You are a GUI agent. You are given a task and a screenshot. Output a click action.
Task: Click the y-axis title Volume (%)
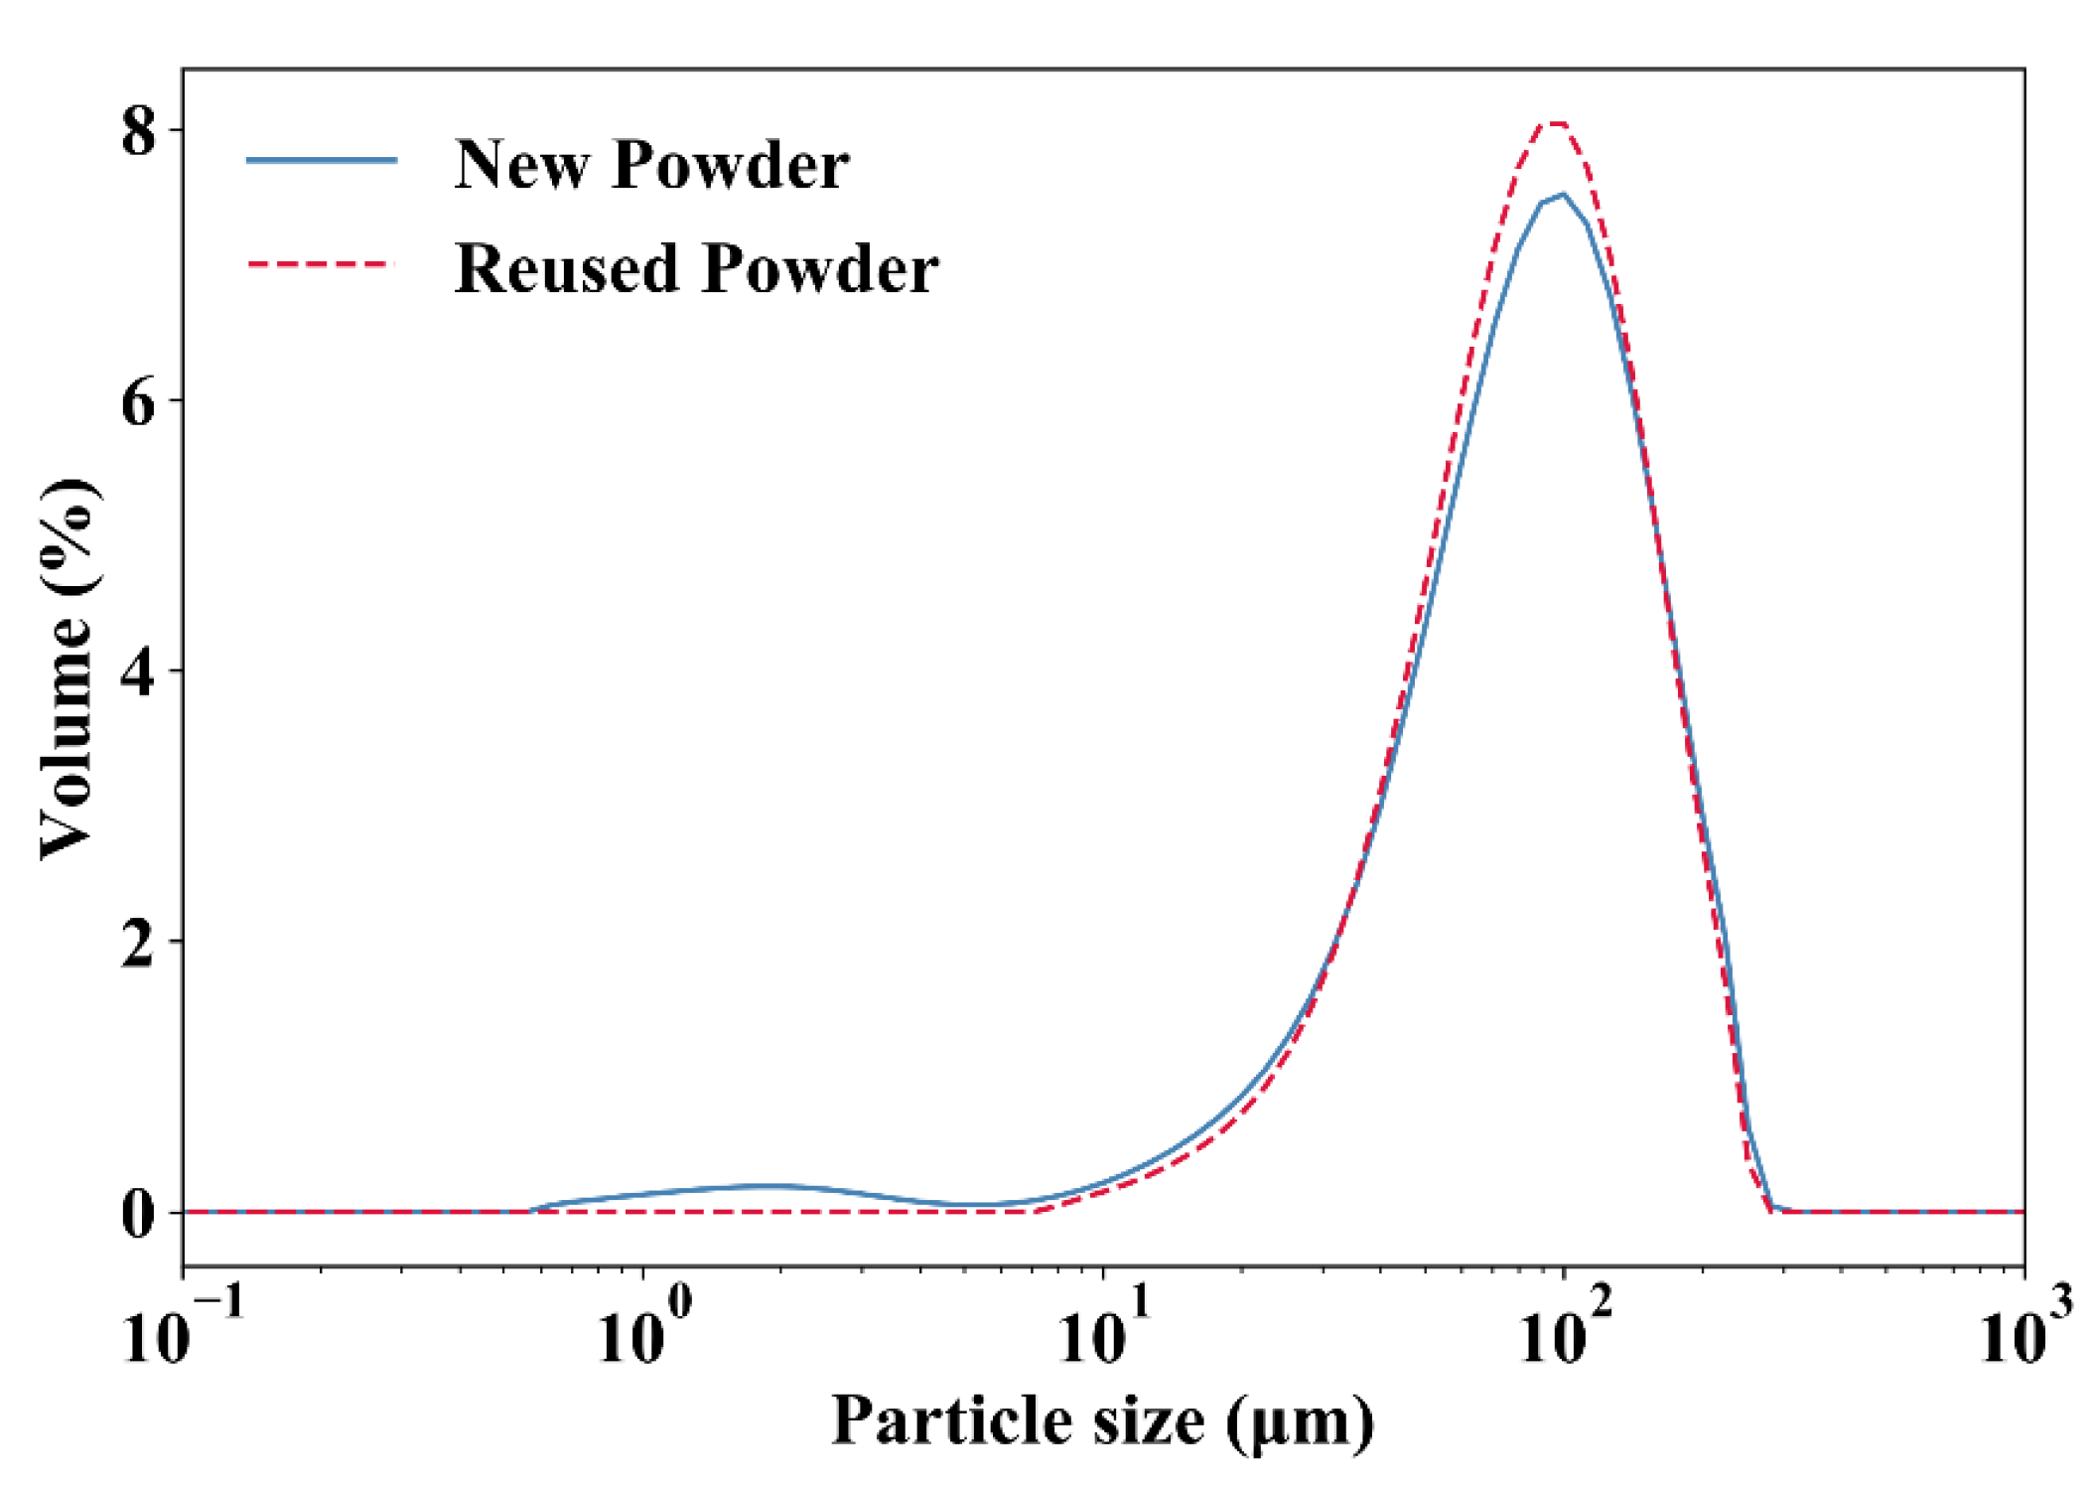tap(68, 668)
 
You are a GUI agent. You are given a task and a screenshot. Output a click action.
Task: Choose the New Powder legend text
tap(651, 164)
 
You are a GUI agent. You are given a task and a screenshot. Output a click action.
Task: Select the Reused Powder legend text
tap(696, 268)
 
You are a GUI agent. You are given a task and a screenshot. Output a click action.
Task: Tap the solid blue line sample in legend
tap(322, 160)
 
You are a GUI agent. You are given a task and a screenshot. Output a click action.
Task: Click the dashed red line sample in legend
tap(322, 265)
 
